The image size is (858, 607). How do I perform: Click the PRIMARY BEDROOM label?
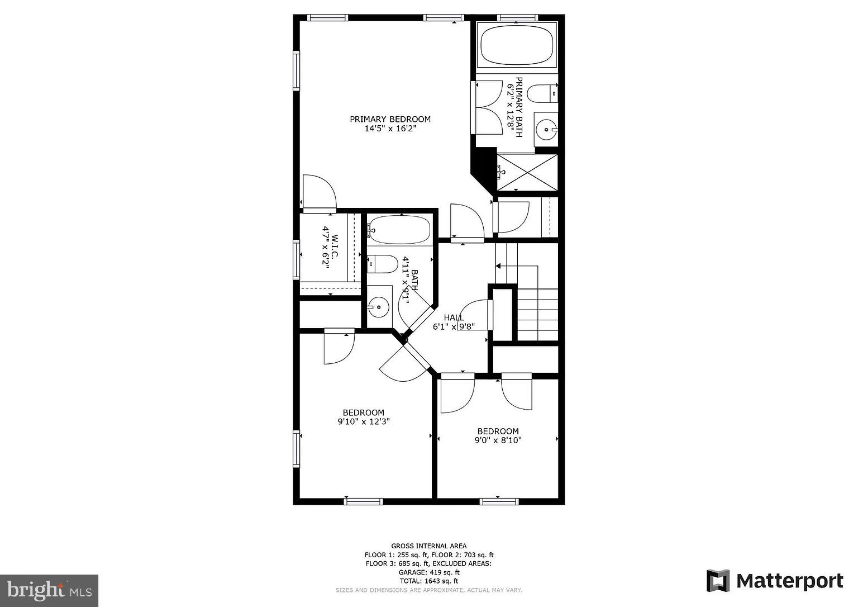click(390, 119)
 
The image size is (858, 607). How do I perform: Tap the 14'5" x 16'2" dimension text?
click(390, 129)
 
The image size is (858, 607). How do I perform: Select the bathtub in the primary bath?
click(517, 45)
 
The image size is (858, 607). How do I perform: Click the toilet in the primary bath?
click(541, 93)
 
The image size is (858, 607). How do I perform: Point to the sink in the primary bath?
click(545, 130)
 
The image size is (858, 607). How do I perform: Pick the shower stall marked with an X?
click(527, 172)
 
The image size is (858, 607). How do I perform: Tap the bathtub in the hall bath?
click(399, 230)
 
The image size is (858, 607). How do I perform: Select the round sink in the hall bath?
click(379, 307)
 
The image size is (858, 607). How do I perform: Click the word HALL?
click(454, 317)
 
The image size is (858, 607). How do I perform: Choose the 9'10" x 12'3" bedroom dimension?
click(363, 422)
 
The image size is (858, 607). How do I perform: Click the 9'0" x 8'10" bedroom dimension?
click(498, 440)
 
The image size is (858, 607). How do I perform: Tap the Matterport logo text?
click(789, 581)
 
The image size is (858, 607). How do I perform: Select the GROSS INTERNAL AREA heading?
click(428, 546)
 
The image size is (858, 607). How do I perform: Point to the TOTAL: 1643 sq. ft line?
click(428, 581)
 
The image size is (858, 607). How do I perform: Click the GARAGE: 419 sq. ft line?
click(428, 572)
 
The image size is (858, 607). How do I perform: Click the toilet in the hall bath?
click(384, 264)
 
